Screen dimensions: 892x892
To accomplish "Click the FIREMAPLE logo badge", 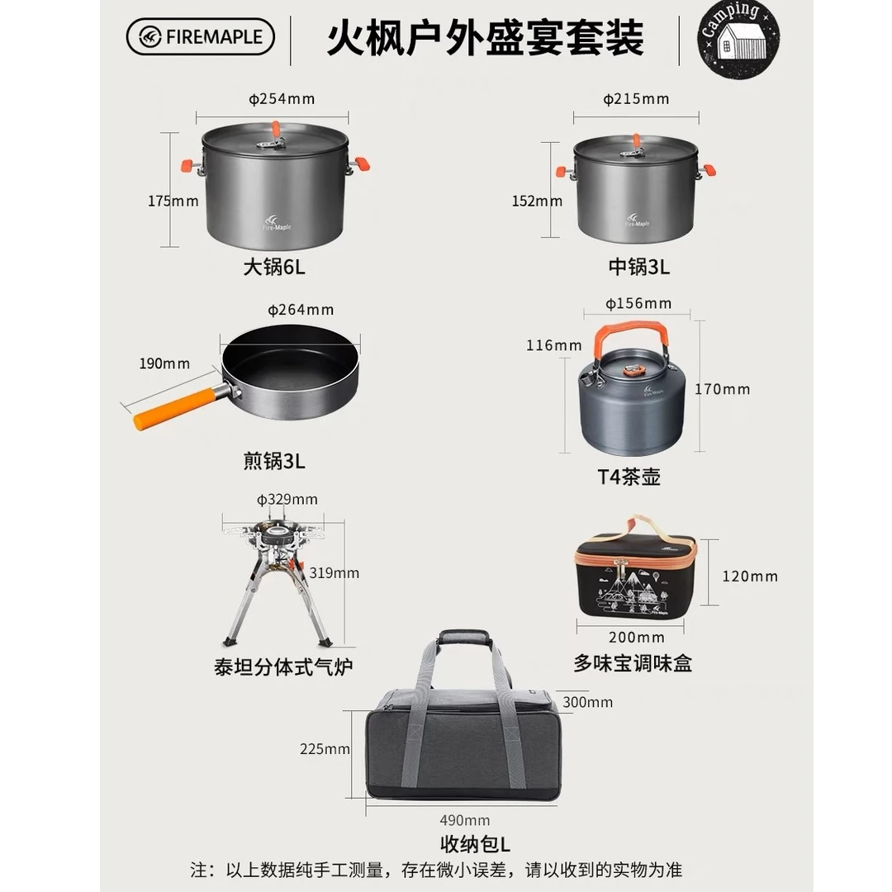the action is click(x=200, y=37).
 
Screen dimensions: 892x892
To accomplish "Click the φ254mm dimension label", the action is click(x=282, y=99).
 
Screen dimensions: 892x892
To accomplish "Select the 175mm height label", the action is click(x=173, y=201).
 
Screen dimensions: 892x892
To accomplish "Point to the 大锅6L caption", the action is click(x=274, y=267).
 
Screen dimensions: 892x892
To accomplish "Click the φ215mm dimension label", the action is click(x=636, y=99).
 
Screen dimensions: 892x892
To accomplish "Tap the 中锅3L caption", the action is click(x=638, y=267).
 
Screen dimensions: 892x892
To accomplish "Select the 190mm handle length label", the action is click(x=164, y=363).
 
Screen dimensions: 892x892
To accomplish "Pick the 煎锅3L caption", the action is click(x=274, y=461).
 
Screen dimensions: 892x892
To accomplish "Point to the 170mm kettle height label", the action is click(x=722, y=389).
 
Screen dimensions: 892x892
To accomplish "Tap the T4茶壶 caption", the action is click(x=629, y=477).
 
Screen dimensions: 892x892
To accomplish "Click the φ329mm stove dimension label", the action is click(x=287, y=500).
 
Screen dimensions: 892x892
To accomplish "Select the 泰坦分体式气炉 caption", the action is click(x=283, y=667).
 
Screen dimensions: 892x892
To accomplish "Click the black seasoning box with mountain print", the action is click(x=635, y=575).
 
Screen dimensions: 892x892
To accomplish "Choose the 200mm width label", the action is click(x=637, y=637).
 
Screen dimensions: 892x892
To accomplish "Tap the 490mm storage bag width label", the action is click(x=465, y=820).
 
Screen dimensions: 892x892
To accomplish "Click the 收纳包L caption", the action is click(x=476, y=844).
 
